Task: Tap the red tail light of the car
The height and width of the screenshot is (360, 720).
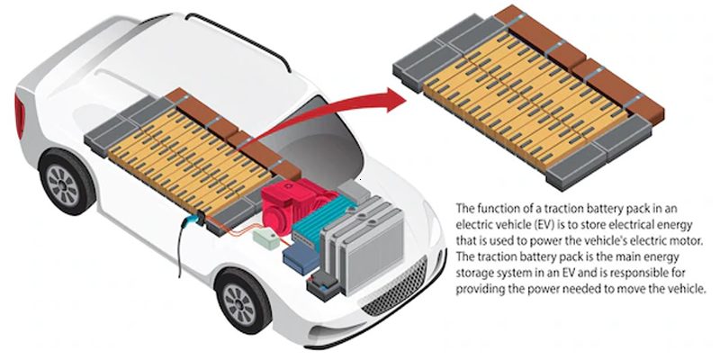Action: (19, 116)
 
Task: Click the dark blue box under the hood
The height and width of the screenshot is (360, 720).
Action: (297, 256)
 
